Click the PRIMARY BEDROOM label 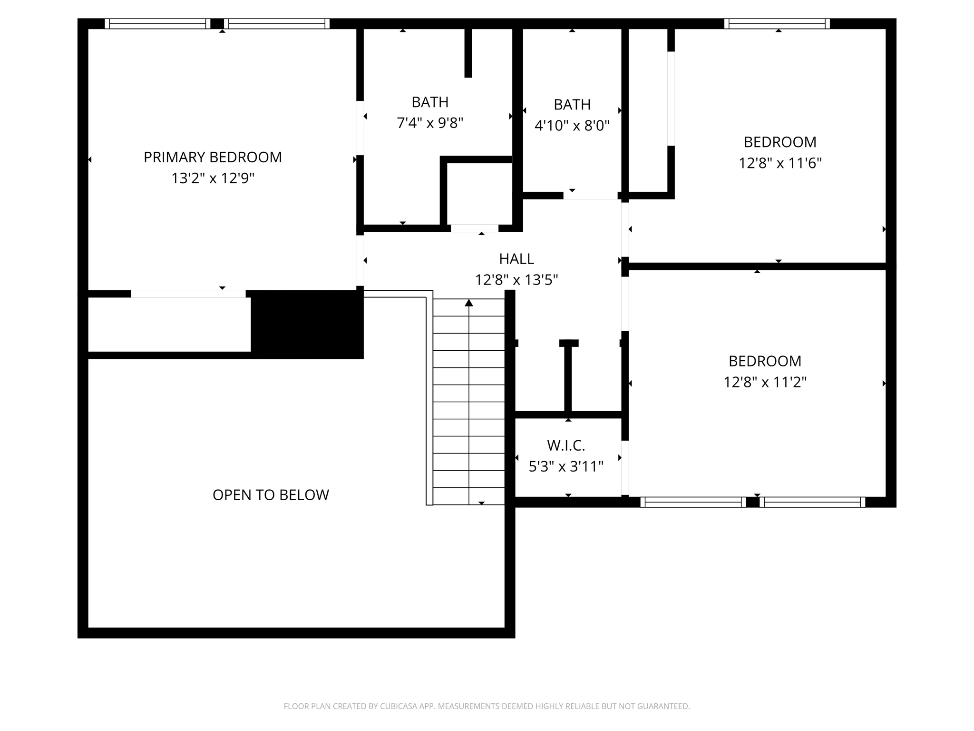[x=213, y=157]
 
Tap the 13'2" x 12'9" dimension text [x=213, y=178]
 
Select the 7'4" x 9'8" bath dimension [x=430, y=123]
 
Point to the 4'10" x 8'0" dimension [x=572, y=126]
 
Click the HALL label [x=516, y=259]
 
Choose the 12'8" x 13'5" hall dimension [x=516, y=280]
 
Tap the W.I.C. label [x=566, y=445]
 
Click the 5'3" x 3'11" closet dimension [x=566, y=466]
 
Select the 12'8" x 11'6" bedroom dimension [x=780, y=163]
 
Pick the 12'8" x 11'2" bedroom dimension [x=765, y=382]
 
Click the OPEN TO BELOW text [x=271, y=495]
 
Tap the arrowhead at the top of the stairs [x=469, y=303]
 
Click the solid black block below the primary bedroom [x=307, y=325]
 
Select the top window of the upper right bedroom [x=777, y=24]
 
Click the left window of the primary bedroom [x=157, y=24]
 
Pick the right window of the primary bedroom [x=277, y=24]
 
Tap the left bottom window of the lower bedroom [x=693, y=502]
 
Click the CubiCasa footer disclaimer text [x=487, y=706]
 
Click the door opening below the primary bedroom [x=188, y=294]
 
